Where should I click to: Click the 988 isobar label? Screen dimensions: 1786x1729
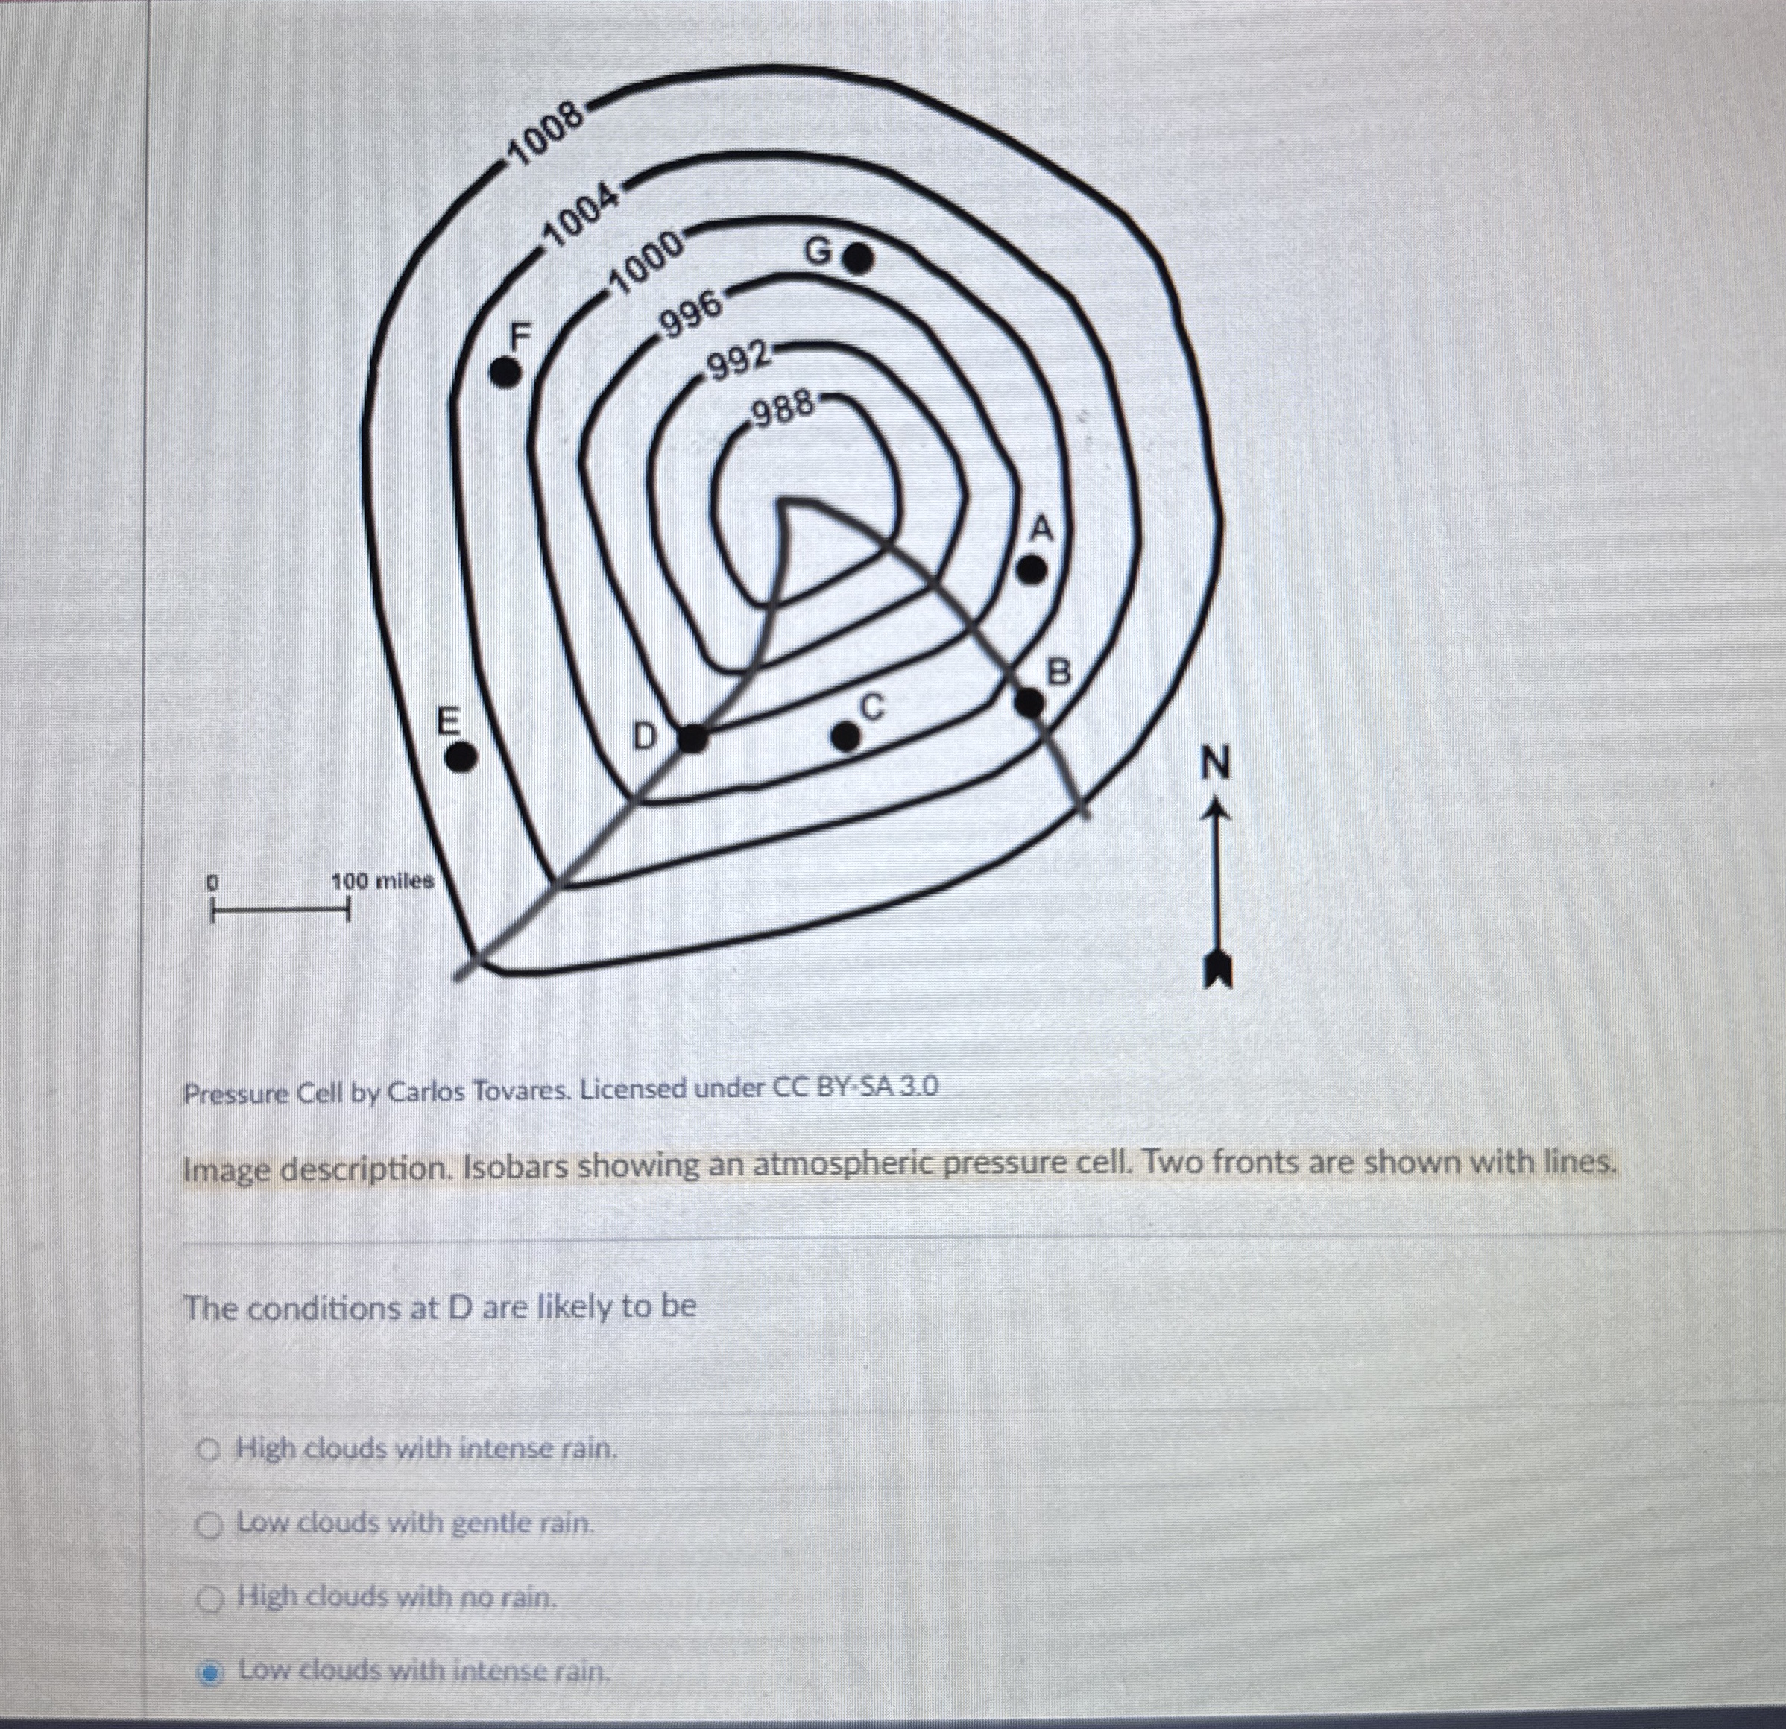pyautogui.click(x=782, y=409)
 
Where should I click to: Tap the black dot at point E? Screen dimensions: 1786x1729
pyautogui.click(x=462, y=756)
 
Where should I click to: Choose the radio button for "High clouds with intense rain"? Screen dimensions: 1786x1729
pyautogui.click(x=209, y=1447)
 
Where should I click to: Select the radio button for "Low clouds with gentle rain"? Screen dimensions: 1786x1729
pyautogui.click(x=210, y=1523)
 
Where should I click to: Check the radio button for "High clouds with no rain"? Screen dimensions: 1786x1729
pyautogui.click(x=210, y=1597)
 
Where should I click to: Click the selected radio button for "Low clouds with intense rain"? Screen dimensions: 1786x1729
pyautogui.click(x=210, y=1672)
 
